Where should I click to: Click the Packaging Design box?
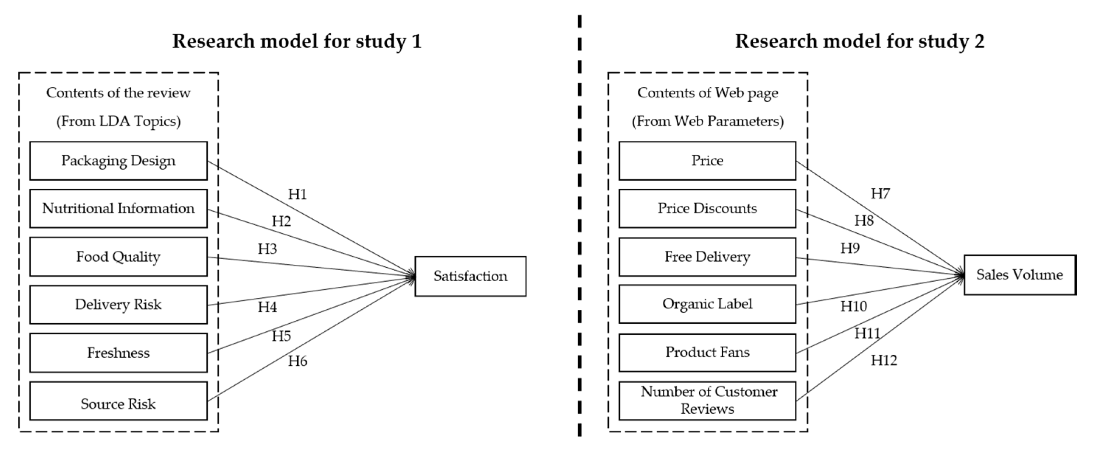coord(118,161)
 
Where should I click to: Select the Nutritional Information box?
coord(118,209)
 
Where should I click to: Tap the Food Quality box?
coord(118,257)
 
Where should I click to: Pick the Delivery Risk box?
coord(118,305)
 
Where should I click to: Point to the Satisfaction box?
coord(470,276)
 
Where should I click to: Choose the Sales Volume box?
coord(1019,275)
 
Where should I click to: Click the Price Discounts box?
coord(707,209)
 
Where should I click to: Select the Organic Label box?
coord(707,304)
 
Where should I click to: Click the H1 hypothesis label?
coord(297,195)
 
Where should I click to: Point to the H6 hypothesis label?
coord(297,361)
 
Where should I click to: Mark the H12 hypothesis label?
coord(884,360)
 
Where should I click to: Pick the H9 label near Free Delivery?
coord(850,248)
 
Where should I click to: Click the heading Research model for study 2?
coord(860,42)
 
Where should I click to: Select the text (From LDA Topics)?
coord(118,122)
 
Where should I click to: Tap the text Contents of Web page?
coord(708,93)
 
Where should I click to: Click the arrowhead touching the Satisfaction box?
coord(411,277)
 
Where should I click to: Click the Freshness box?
coord(118,352)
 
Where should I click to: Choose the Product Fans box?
coord(707,352)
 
